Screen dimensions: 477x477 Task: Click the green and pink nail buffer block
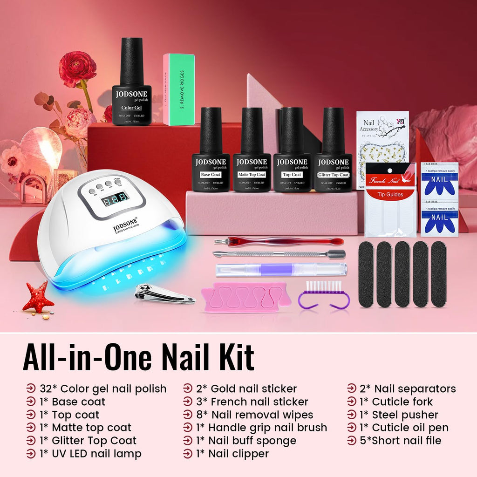point(178,89)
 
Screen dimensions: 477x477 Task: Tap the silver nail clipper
point(163,294)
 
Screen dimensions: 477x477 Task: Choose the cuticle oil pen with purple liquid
point(281,270)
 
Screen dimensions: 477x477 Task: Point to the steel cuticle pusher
point(279,254)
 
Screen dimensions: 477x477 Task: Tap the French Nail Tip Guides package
point(390,199)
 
